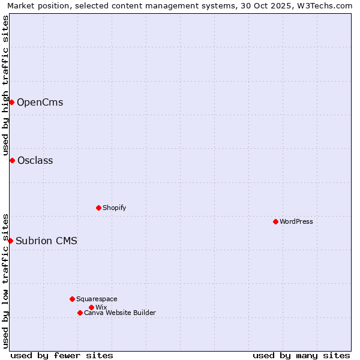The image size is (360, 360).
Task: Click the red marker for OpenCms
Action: tap(11, 102)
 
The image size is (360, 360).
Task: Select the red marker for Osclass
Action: tap(12, 160)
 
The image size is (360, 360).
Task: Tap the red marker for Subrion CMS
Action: tap(10, 241)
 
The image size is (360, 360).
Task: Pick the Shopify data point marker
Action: tap(98, 208)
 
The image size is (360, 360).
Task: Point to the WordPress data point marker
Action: tap(275, 221)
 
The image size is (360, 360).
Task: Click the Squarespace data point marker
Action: tap(72, 299)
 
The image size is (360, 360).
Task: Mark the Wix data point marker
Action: tap(91, 307)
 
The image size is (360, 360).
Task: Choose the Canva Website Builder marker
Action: tap(80, 313)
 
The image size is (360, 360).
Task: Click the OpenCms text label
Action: tap(40, 102)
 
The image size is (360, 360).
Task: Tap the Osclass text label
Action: tap(35, 160)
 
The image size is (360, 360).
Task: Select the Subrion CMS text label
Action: tap(46, 241)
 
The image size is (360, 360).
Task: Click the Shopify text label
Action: tap(114, 208)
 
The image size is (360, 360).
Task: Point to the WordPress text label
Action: tap(296, 221)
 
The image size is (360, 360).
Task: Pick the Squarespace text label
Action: tap(97, 299)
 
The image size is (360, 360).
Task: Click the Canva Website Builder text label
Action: tap(120, 313)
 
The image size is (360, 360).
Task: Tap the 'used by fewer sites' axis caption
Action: tap(62, 355)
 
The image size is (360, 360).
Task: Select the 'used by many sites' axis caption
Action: tap(301, 355)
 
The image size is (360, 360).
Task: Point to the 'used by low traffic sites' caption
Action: tap(5, 280)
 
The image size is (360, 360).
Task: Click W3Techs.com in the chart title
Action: tap(326, 5)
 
